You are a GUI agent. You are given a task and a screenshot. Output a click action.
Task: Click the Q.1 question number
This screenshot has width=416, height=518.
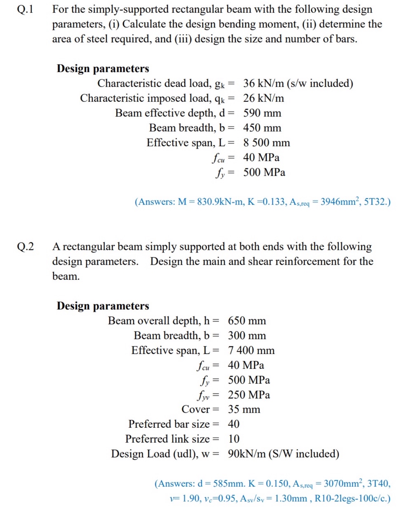pyautogui.click(x=25, y=9)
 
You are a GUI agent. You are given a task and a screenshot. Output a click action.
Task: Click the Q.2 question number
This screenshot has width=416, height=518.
pyautogui.click(x=25, y=247)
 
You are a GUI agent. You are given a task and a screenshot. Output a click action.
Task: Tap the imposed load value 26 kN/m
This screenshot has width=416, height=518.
pyautogui.click(x=263, y=98)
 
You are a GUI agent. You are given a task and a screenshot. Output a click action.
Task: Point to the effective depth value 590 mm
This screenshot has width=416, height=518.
pyautogui.click(x=262, y=113)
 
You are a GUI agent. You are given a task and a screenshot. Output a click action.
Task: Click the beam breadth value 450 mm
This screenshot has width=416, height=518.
pyautogui.click(x=262, y=128)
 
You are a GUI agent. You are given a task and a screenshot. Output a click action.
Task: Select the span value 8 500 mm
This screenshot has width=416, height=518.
pyautogui.click(x=266, y=143)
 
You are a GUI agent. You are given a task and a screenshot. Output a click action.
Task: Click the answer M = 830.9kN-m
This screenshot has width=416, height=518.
pyautogui.click(x=211, y=202)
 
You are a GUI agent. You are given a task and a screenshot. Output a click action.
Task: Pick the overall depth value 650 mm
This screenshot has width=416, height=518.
pyautogui.click(x=247, y=321)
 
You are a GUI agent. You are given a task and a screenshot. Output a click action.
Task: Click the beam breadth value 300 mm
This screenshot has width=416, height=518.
pyautogui.click(x=247, y=336)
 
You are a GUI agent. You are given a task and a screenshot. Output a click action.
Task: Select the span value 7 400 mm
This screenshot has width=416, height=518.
pyautogui.click(x=251, y=350)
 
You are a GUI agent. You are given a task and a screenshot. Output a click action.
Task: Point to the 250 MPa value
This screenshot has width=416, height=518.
pyautogui.click(x=249, y=395)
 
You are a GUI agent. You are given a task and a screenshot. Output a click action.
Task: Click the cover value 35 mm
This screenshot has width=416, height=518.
pyautogui.click(x=244, y=409)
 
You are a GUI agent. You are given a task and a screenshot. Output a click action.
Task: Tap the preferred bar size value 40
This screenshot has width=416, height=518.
pyautogui.click(x=233, y=424)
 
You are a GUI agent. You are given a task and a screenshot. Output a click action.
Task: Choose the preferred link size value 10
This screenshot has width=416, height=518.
pyautogui.click(x=233, y=439)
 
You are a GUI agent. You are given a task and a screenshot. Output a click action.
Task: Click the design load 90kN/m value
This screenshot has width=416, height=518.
pyautogui.click(x=247, y=454)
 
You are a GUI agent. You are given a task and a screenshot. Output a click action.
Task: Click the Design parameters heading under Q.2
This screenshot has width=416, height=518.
pyautogui.click(x=103, y=306)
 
